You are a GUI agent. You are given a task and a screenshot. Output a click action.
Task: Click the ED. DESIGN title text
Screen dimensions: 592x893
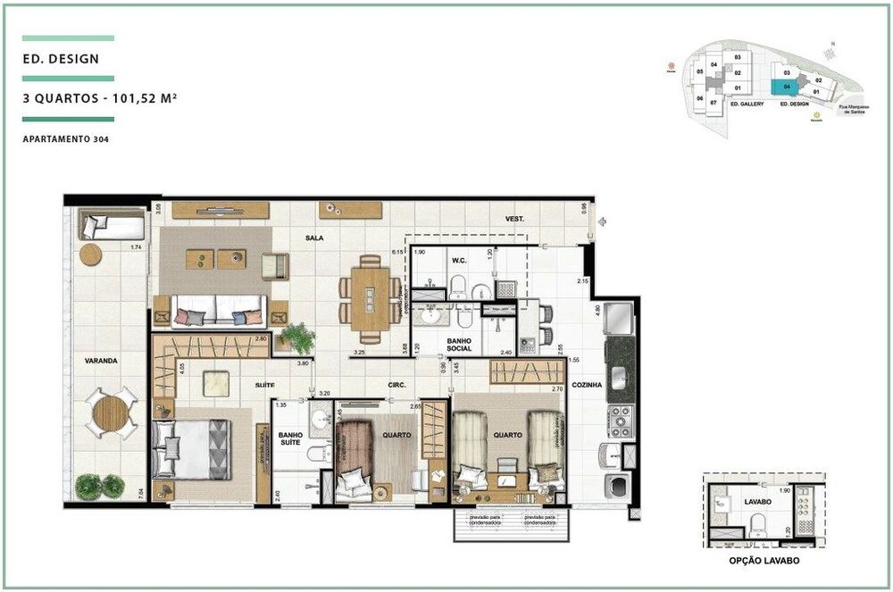[62, 60]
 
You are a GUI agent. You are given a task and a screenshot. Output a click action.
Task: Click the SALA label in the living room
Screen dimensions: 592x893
[313, 238]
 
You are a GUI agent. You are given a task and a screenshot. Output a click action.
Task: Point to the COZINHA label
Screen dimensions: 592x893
[588, 385]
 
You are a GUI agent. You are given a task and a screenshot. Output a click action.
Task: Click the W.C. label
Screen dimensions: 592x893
[460, 261]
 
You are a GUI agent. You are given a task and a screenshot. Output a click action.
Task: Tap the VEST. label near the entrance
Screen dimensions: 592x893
[514, 219]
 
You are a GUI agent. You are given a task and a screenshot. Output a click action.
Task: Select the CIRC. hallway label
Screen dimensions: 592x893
[397, 385]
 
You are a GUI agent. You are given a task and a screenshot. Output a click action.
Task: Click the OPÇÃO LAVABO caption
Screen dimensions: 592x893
[764, 562]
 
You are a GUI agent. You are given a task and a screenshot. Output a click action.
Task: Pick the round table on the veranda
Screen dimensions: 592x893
[112, 413]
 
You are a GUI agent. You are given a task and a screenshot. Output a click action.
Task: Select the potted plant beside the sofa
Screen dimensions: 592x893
[297, 338]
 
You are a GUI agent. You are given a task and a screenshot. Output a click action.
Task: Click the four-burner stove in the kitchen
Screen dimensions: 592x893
[620, 420]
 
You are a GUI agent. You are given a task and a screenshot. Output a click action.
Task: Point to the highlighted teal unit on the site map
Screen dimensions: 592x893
[785, 87]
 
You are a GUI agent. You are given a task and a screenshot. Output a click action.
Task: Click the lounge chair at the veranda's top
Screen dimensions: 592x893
[111, 224]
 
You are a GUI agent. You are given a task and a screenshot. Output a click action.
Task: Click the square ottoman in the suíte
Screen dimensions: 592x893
[217, 382]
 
